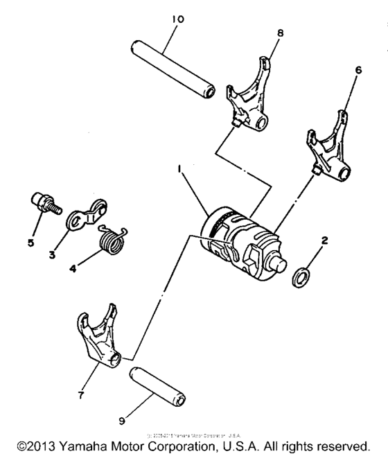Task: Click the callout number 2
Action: pos(323,242)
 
